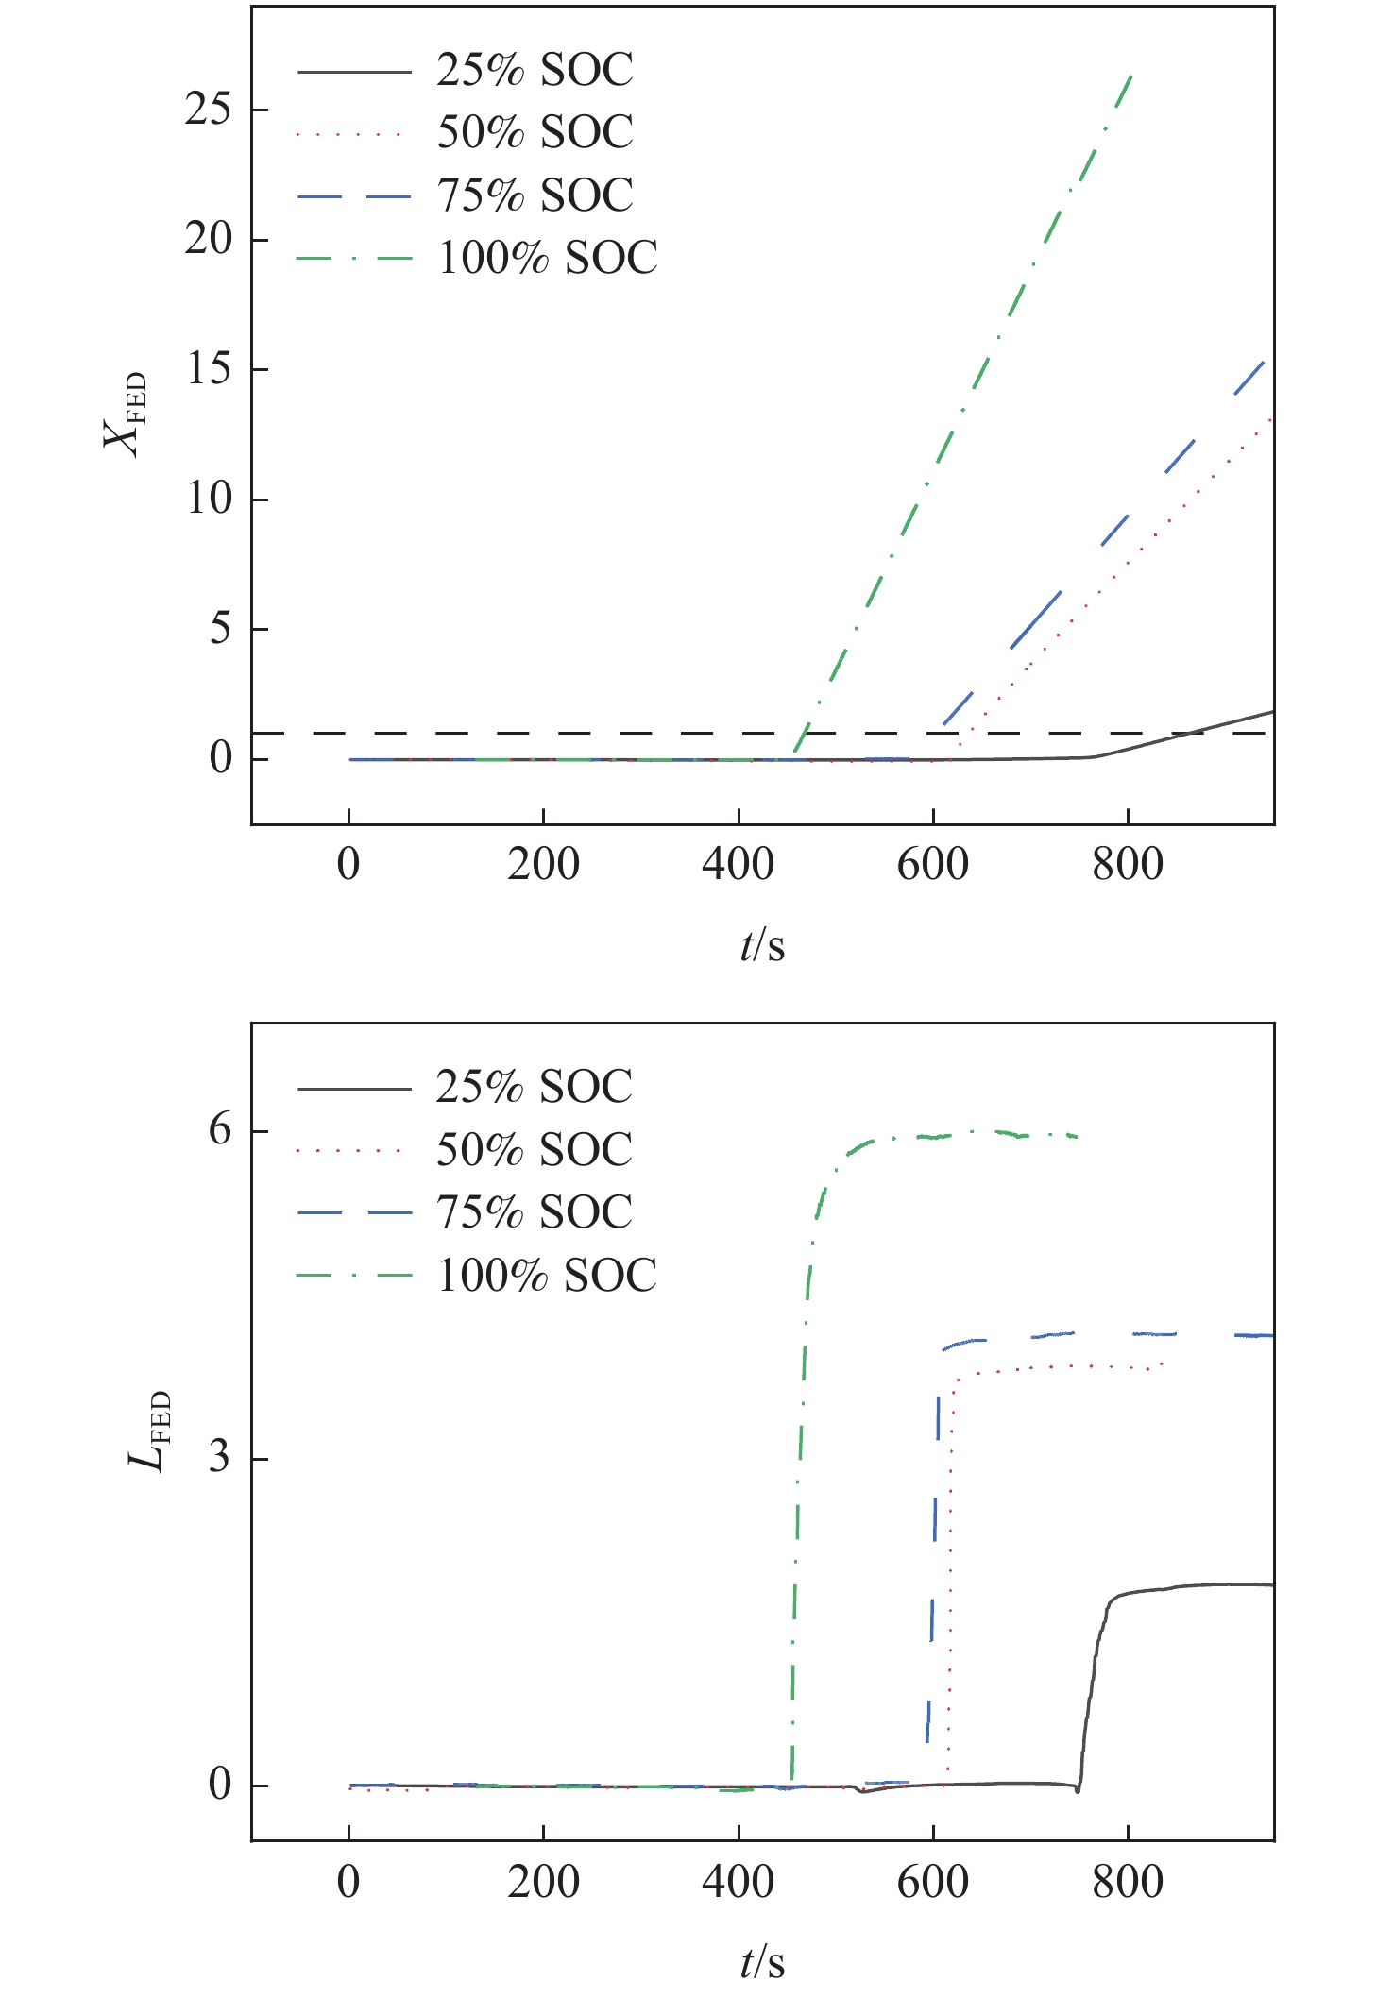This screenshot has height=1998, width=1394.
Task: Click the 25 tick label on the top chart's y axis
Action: click(x=208, y=110)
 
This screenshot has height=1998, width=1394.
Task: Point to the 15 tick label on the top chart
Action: click(x=208, y=369)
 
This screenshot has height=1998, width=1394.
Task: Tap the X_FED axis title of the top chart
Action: click(x=126, y=414)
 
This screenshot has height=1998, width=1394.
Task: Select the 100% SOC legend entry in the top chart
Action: click(x=547, y=258)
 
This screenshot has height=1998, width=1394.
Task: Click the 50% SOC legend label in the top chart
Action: click(x=535, y=132)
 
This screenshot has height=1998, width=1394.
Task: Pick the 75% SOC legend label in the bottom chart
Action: click(x=535, y=1212)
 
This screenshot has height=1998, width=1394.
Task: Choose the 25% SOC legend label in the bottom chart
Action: click(x=535, y=1087)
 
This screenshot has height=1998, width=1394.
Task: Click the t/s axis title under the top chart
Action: click(x=762, y=945)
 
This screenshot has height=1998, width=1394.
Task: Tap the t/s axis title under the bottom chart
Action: click(x=762, y=1962)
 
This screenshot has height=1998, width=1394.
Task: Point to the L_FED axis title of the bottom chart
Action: click(x=149, y=1431)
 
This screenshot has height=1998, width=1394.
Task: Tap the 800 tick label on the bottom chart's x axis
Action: click(x=1128, y=1882)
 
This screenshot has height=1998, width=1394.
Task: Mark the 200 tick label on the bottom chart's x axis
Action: click(x=543, y=1882)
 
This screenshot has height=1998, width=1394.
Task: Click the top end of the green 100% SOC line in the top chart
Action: click(x=1131, y=75)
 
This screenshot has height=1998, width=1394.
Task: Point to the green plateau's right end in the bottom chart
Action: click(x=1077, y=1136)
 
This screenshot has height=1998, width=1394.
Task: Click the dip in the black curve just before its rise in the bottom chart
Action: click(x=1077, y=1790)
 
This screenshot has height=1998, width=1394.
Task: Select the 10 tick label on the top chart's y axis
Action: click(x=208, y=499)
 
